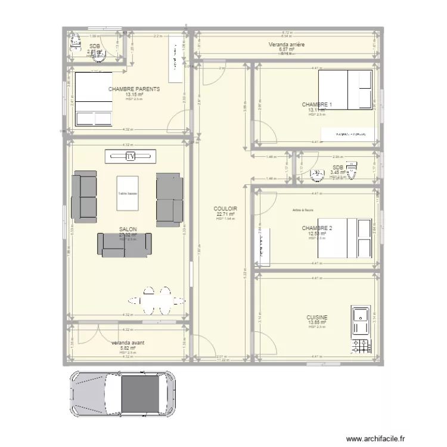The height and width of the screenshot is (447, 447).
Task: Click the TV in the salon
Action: click(131, 156)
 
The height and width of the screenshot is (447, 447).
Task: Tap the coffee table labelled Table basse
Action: click(128, 193)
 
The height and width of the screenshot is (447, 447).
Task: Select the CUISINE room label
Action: click(316, 318)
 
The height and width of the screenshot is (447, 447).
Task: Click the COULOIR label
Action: click(226, 209)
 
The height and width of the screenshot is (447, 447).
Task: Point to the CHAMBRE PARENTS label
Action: click(134, 89)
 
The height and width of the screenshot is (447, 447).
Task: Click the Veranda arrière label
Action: click(287, 45)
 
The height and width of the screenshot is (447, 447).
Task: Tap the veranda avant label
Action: click(128, 343)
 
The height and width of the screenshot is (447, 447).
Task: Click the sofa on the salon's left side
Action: click(84, 197)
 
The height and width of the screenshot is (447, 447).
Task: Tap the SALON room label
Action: click(128, 229)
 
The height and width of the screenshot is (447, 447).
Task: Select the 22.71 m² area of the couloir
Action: click(226, 214)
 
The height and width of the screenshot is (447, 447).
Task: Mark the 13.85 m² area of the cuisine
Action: click(316, 323)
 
